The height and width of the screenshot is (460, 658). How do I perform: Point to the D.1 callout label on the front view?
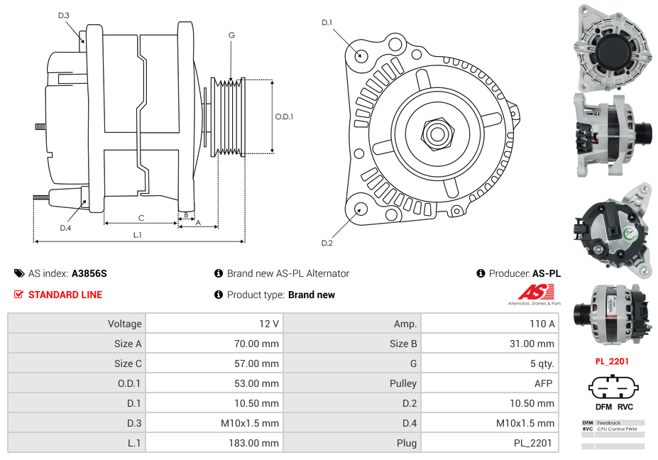coord(327,23)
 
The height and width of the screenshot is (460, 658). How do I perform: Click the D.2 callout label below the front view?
coord(327,243)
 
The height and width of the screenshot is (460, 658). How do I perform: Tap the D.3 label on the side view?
coord(64,15)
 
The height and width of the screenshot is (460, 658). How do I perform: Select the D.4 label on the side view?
coord(65,228)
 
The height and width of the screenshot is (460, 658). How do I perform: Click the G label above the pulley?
coord(231,35)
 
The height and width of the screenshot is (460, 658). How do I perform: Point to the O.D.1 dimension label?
coord(284,117)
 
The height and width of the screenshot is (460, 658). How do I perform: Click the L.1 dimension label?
coord(138,235)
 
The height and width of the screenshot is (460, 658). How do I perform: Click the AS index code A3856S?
coord(89,273)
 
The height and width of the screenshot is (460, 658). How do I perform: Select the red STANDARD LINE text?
coord(65,295)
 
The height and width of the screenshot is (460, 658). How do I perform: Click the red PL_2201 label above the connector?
coord(612,361)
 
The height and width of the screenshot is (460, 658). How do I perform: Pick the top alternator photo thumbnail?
coord(613,47)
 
